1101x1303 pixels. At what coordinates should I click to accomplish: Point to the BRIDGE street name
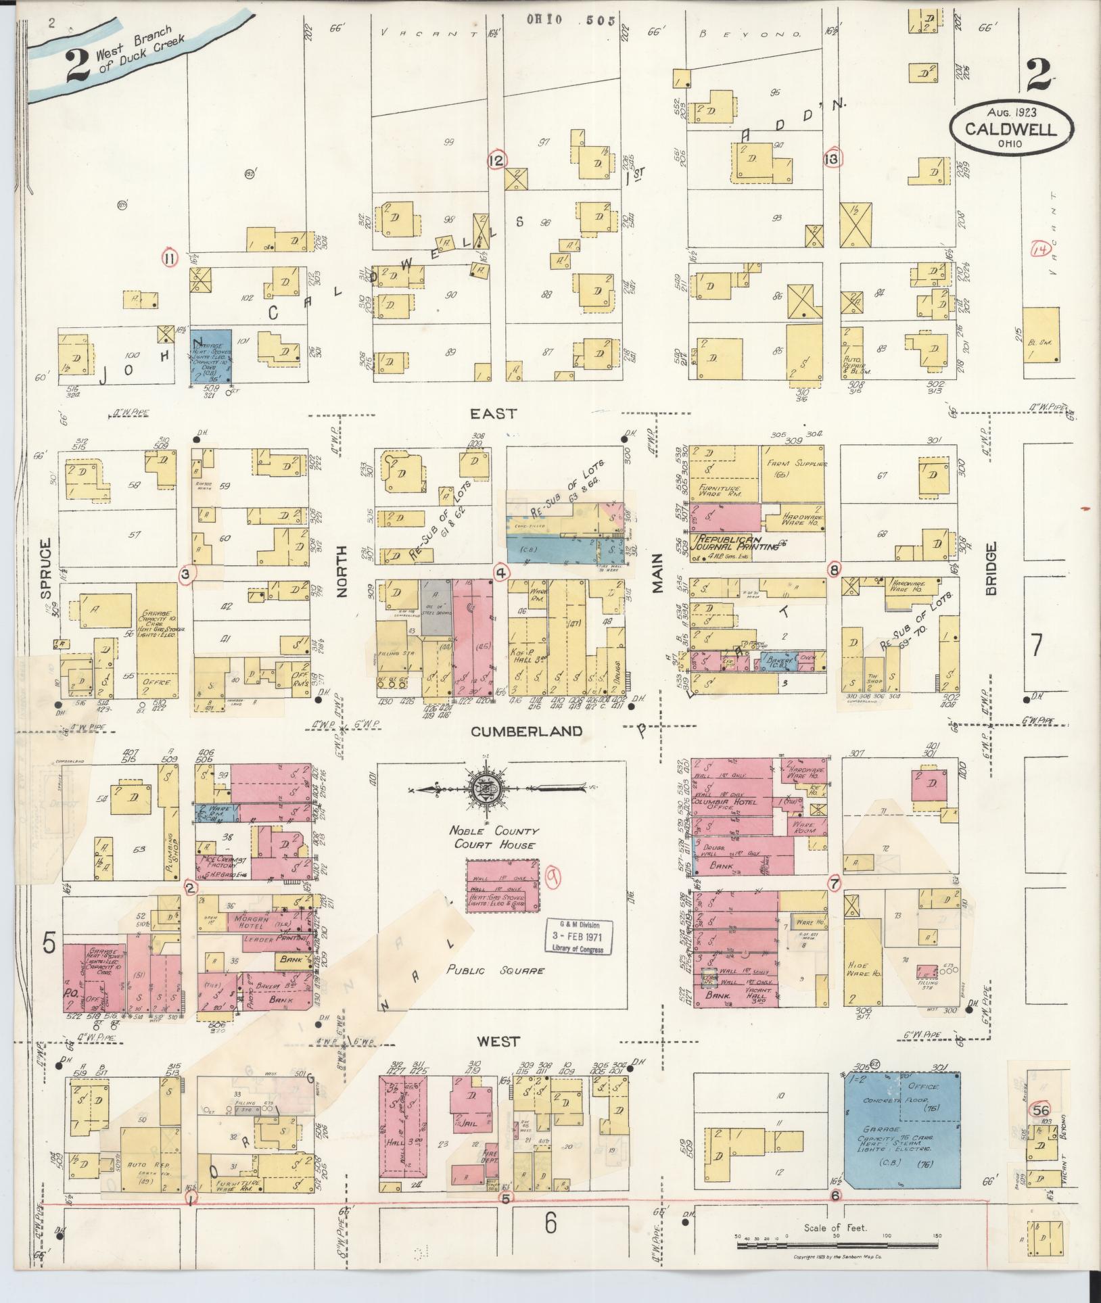click(x=991, y=568)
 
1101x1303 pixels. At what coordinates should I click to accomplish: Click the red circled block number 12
click(x=497, y=160)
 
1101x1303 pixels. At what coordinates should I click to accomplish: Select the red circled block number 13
click(x=832, y=159)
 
